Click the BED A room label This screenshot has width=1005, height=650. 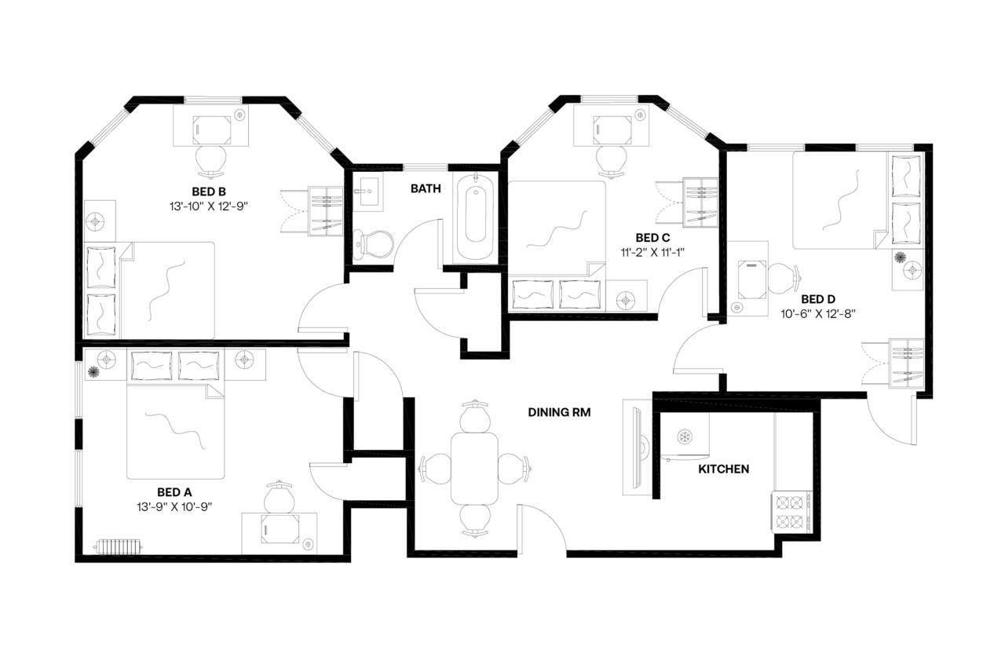[x=170, y=492]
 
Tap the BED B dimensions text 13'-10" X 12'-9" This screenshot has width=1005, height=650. [x=209, y=206]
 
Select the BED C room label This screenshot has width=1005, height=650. [x=652, y=237]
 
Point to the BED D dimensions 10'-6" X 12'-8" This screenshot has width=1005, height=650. [x=817, y=313]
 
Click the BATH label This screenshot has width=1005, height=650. [x=426, y=189]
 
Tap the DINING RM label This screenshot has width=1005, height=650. [x=558, y=411]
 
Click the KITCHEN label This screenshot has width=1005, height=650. [x=723, y=469]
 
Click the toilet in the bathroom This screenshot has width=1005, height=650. [x=372, y=243]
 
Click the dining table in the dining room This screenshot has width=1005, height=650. [x=474, y=468]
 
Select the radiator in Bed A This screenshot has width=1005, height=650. [x=117, y=545]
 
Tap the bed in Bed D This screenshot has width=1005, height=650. [x=840, y=199]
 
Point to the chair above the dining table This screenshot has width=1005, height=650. [x=474, y=415]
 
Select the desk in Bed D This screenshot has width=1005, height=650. [x=752, y=279]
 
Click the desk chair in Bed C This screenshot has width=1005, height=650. [x=612, y=159]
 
